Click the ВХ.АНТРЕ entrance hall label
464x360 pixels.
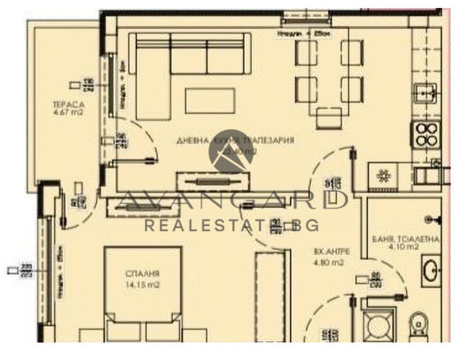tap(328, 252)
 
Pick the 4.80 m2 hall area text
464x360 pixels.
tap(328, 262)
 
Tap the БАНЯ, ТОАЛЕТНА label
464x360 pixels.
tap(405, 239)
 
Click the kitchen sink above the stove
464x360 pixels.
tap(426, 93)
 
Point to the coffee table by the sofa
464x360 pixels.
tap(210, 100)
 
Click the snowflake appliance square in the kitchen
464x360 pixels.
tap(383, 176)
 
